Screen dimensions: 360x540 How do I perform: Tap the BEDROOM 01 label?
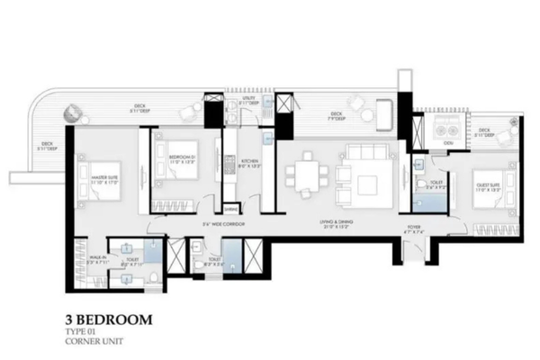181,158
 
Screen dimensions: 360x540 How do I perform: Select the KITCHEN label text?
249,165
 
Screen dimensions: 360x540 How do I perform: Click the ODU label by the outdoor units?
448,142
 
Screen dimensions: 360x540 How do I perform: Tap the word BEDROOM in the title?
112,319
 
